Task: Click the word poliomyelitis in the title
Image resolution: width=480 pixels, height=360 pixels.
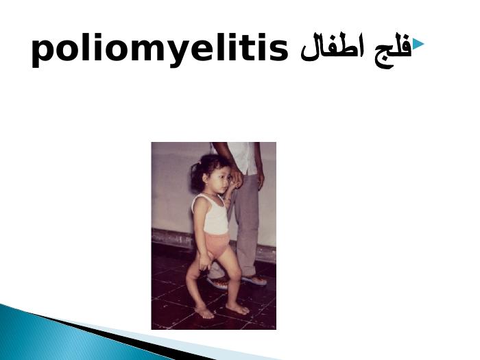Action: coord(160,49)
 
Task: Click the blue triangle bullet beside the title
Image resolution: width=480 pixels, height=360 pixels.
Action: coord(418,44)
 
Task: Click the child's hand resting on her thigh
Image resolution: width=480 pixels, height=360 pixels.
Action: coord(204,263)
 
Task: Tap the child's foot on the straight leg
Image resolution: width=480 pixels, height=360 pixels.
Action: coord(237,309)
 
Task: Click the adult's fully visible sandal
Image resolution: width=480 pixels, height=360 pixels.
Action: coord(254,280)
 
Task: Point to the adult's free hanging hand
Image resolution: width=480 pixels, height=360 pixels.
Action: coord(260,181)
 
